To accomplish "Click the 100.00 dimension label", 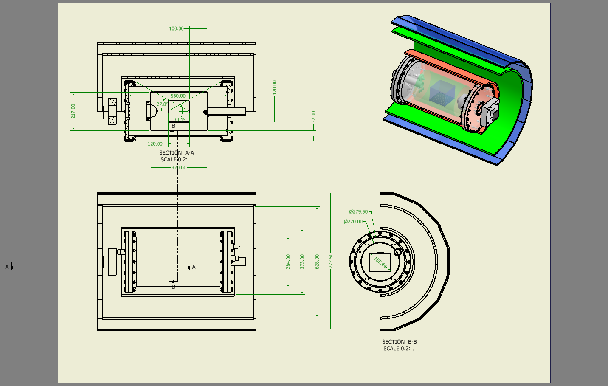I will pos(176,28).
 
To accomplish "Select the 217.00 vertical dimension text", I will pos(73,111).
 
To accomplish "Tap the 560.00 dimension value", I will pos(178,96).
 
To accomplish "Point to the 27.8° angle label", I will pos(162,104).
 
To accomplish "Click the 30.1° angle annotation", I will pos(179,120).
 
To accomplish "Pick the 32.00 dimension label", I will pos(314,117).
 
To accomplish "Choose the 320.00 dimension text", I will pos(179,168).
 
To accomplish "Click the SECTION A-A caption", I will pos(176,153).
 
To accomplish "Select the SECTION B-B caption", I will pos(399,342).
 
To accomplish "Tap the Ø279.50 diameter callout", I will pos(358,211).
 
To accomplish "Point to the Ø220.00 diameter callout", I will pos(353,221).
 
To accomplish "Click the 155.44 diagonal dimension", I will pos(381,262).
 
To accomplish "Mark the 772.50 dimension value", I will pos(331,261).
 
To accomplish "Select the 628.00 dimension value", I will pos(317,262).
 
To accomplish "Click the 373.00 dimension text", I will pos(302,262).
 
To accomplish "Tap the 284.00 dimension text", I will pos(288,262).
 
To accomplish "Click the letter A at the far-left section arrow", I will pos(7,267).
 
